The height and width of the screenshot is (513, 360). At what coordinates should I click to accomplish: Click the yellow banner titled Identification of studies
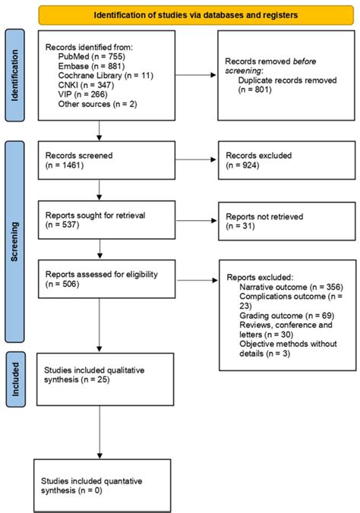195,14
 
